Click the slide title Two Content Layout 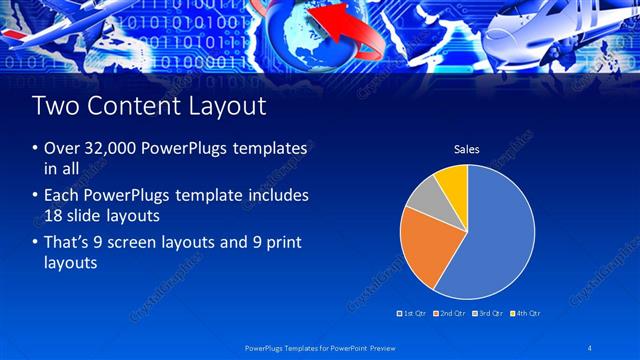coord(149,105)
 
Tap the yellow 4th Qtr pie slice coord(453,181)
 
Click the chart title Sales coord(467,150)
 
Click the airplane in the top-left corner coord(60,25)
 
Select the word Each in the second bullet coord(60,195)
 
